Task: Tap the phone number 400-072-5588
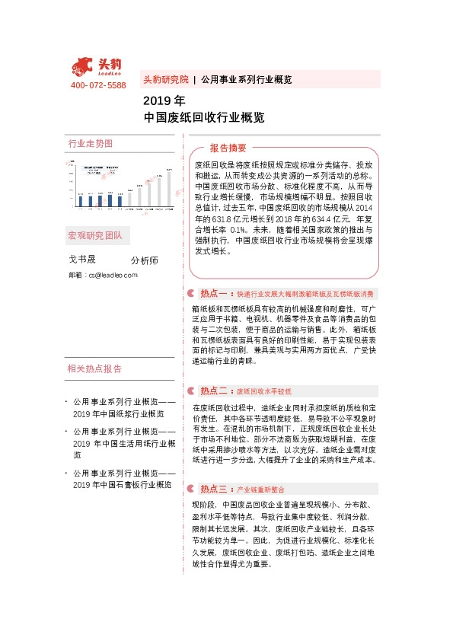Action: point(98,85)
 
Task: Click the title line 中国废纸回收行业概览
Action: point(204,118)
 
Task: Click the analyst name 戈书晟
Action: point(82,260)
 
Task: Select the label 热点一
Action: point(214,293)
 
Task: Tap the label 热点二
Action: point(214,391)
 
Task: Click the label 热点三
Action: point(214,488)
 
